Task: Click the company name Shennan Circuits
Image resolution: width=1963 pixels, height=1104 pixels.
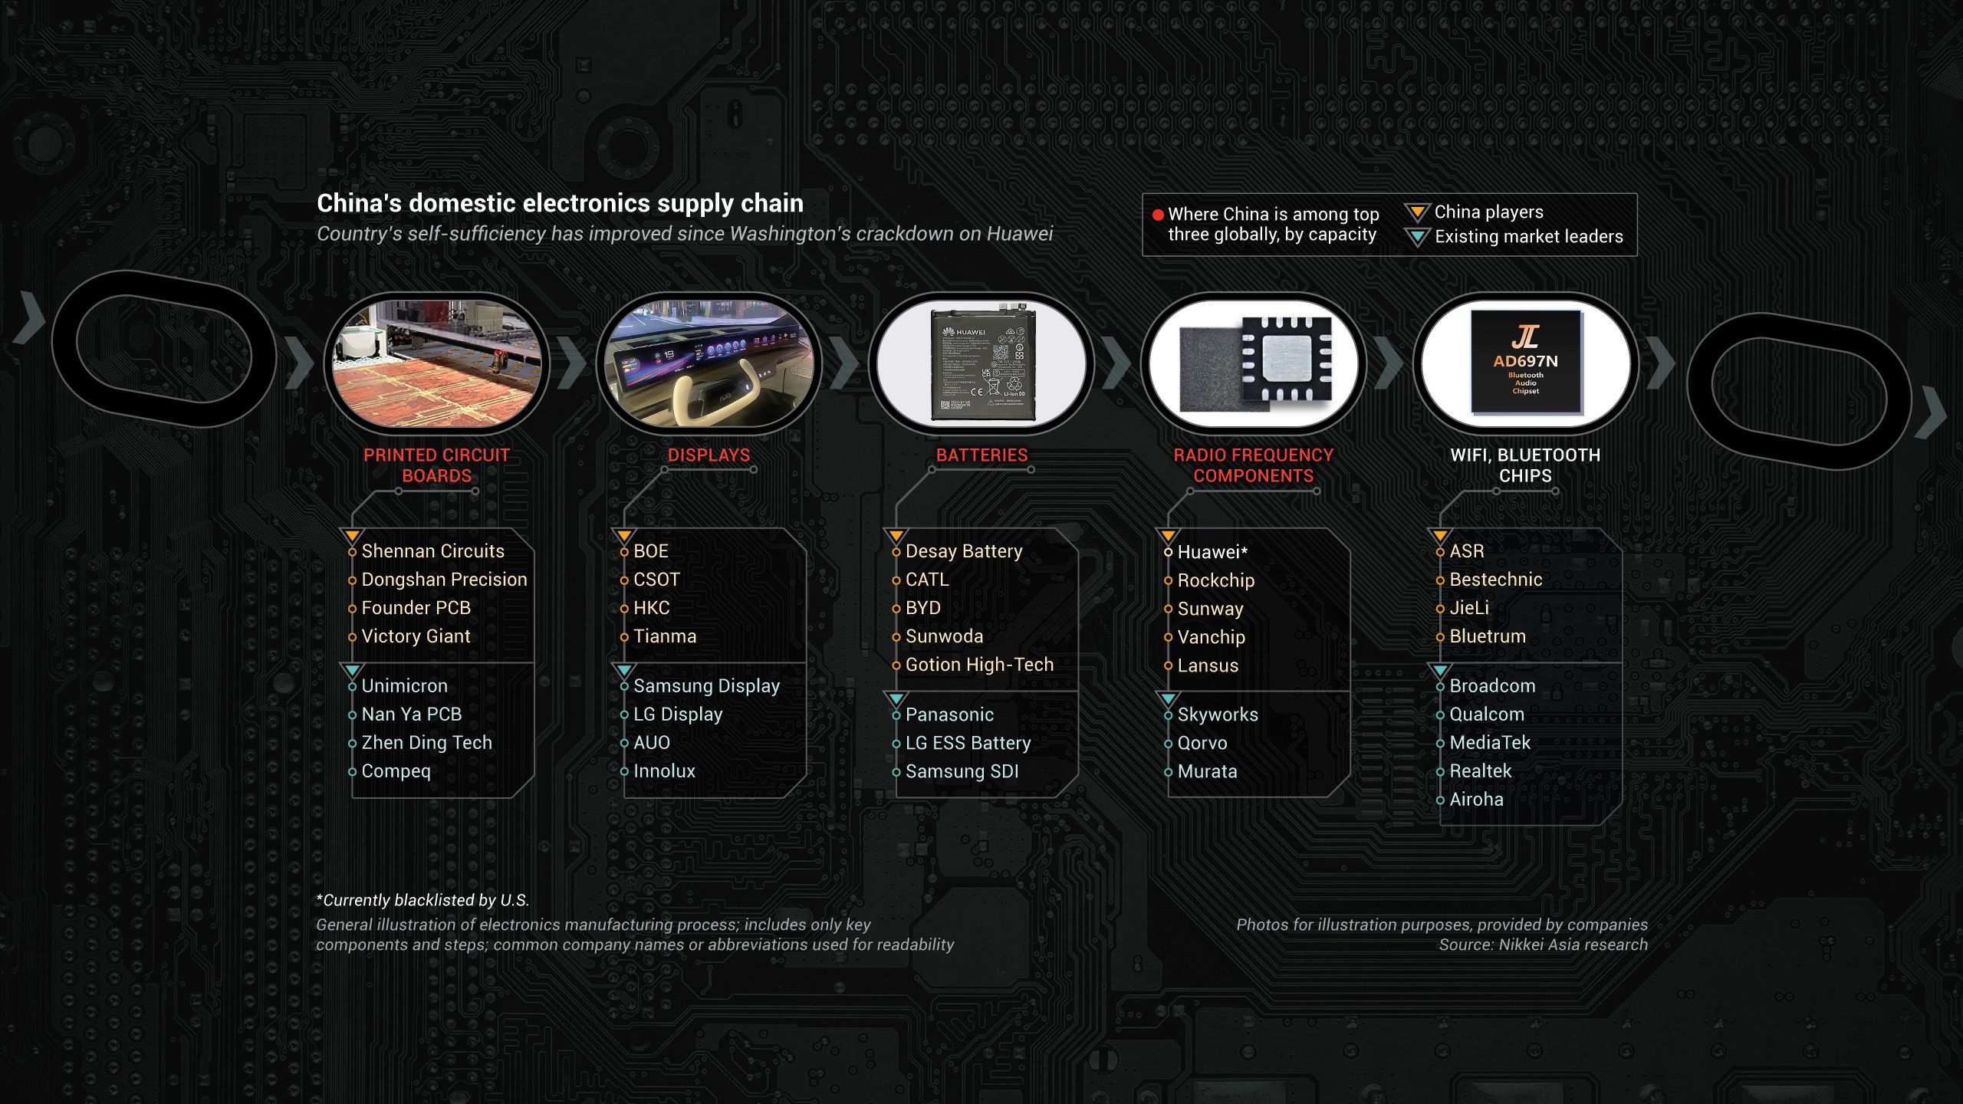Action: click(432, 551)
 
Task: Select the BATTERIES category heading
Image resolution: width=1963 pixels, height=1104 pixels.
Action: click(981, 455)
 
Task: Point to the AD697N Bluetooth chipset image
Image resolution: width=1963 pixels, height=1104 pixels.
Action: click(1525, 362)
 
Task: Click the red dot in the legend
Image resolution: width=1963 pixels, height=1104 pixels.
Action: click(1158, 215)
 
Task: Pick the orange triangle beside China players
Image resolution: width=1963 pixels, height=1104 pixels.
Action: click(1417, 212)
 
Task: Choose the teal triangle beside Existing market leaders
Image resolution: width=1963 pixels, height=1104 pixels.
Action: click(1417, 237)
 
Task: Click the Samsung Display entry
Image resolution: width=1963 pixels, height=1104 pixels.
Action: click(706, 686)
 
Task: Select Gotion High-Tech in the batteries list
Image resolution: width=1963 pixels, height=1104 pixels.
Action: click(979, 665)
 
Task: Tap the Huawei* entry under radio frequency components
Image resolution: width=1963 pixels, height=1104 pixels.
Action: click(1212, 552)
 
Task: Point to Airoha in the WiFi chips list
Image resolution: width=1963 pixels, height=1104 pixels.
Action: click(1476, 800)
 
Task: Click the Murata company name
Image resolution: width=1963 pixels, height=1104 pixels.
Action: click(1207, 771)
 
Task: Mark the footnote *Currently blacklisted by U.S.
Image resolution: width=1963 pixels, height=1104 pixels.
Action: click(423, 900)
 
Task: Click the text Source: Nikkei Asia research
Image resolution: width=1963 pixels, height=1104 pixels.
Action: click(1543, 945)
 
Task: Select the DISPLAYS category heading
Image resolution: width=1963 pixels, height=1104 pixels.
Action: click(709, 455)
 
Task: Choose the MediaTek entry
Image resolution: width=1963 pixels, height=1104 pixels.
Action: click(1489, 743)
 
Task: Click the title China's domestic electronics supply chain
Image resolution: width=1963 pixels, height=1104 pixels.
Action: click(560, 203)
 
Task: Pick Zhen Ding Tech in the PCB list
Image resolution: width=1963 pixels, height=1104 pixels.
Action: click(426, 743)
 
